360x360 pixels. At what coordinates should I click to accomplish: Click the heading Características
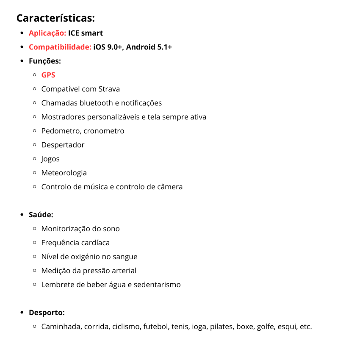(55, 18)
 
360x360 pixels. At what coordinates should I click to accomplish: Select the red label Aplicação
(47, 33)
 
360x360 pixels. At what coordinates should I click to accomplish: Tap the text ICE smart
(86, 33)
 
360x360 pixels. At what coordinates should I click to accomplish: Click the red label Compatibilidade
(60, 47)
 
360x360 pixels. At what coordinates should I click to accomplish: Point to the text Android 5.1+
(149, 47)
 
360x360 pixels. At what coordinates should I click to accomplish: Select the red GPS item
(48, 75)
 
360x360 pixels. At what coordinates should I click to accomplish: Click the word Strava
(109, 89)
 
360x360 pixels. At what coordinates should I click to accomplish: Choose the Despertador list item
(63, 145)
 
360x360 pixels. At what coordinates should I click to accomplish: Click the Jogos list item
(50, 159)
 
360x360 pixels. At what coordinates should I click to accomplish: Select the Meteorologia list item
(64, 173)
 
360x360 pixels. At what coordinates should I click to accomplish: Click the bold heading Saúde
(41, 215)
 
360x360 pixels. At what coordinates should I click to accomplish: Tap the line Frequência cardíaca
(75, 243)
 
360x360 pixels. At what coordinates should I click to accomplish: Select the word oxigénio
(89, 257)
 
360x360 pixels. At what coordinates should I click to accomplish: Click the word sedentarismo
(157, 285)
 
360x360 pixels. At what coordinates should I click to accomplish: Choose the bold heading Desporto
(47, 313)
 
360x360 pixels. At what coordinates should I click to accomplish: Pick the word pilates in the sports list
(222, 327)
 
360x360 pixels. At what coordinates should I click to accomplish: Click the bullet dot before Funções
(22, 61)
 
